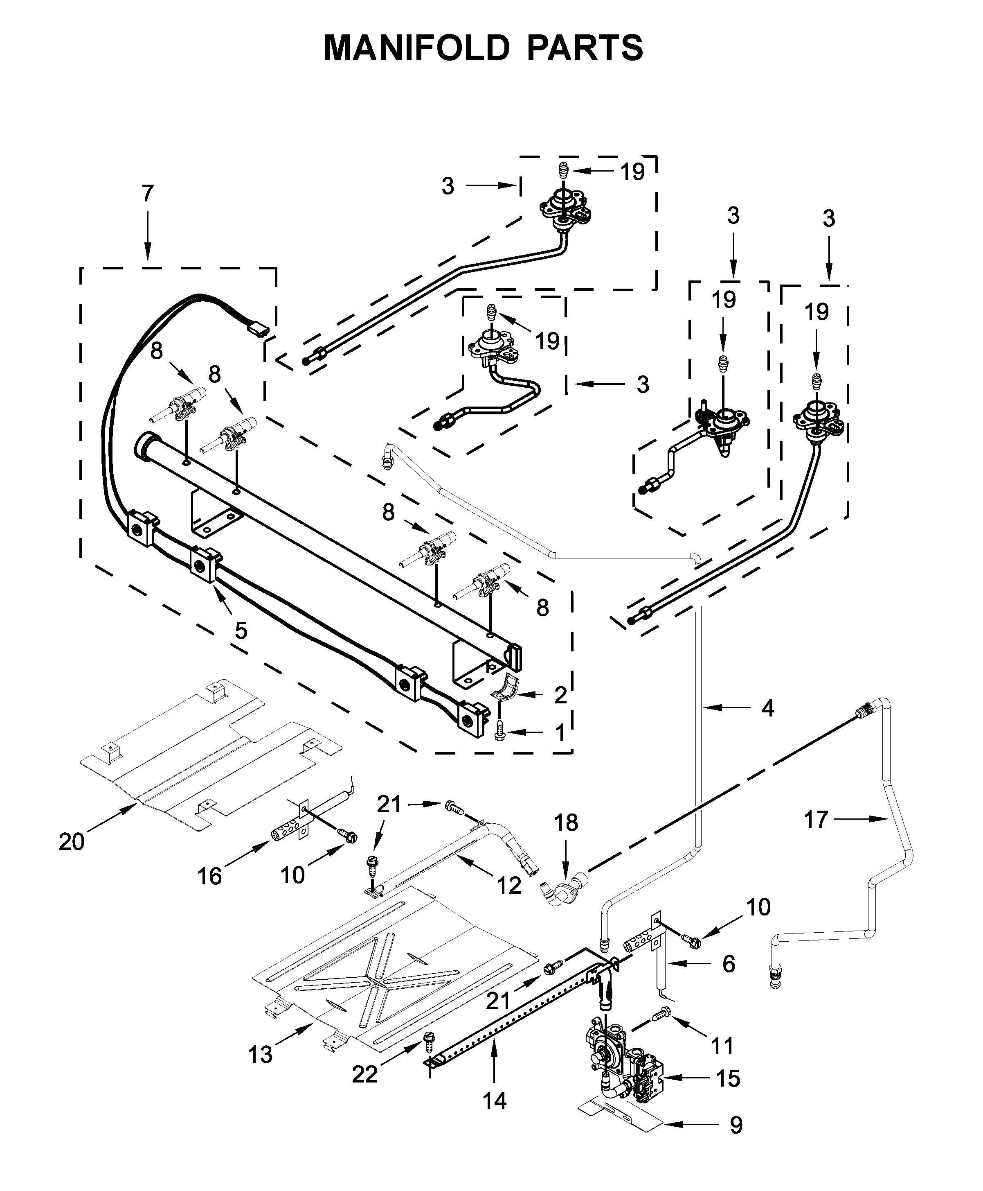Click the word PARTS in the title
(585, 48)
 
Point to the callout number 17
(816, 820)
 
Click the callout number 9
(736, 1125)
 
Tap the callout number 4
(767, 708)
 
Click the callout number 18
(566, 823)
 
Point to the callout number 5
(241, 630)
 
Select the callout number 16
(209, 876)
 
